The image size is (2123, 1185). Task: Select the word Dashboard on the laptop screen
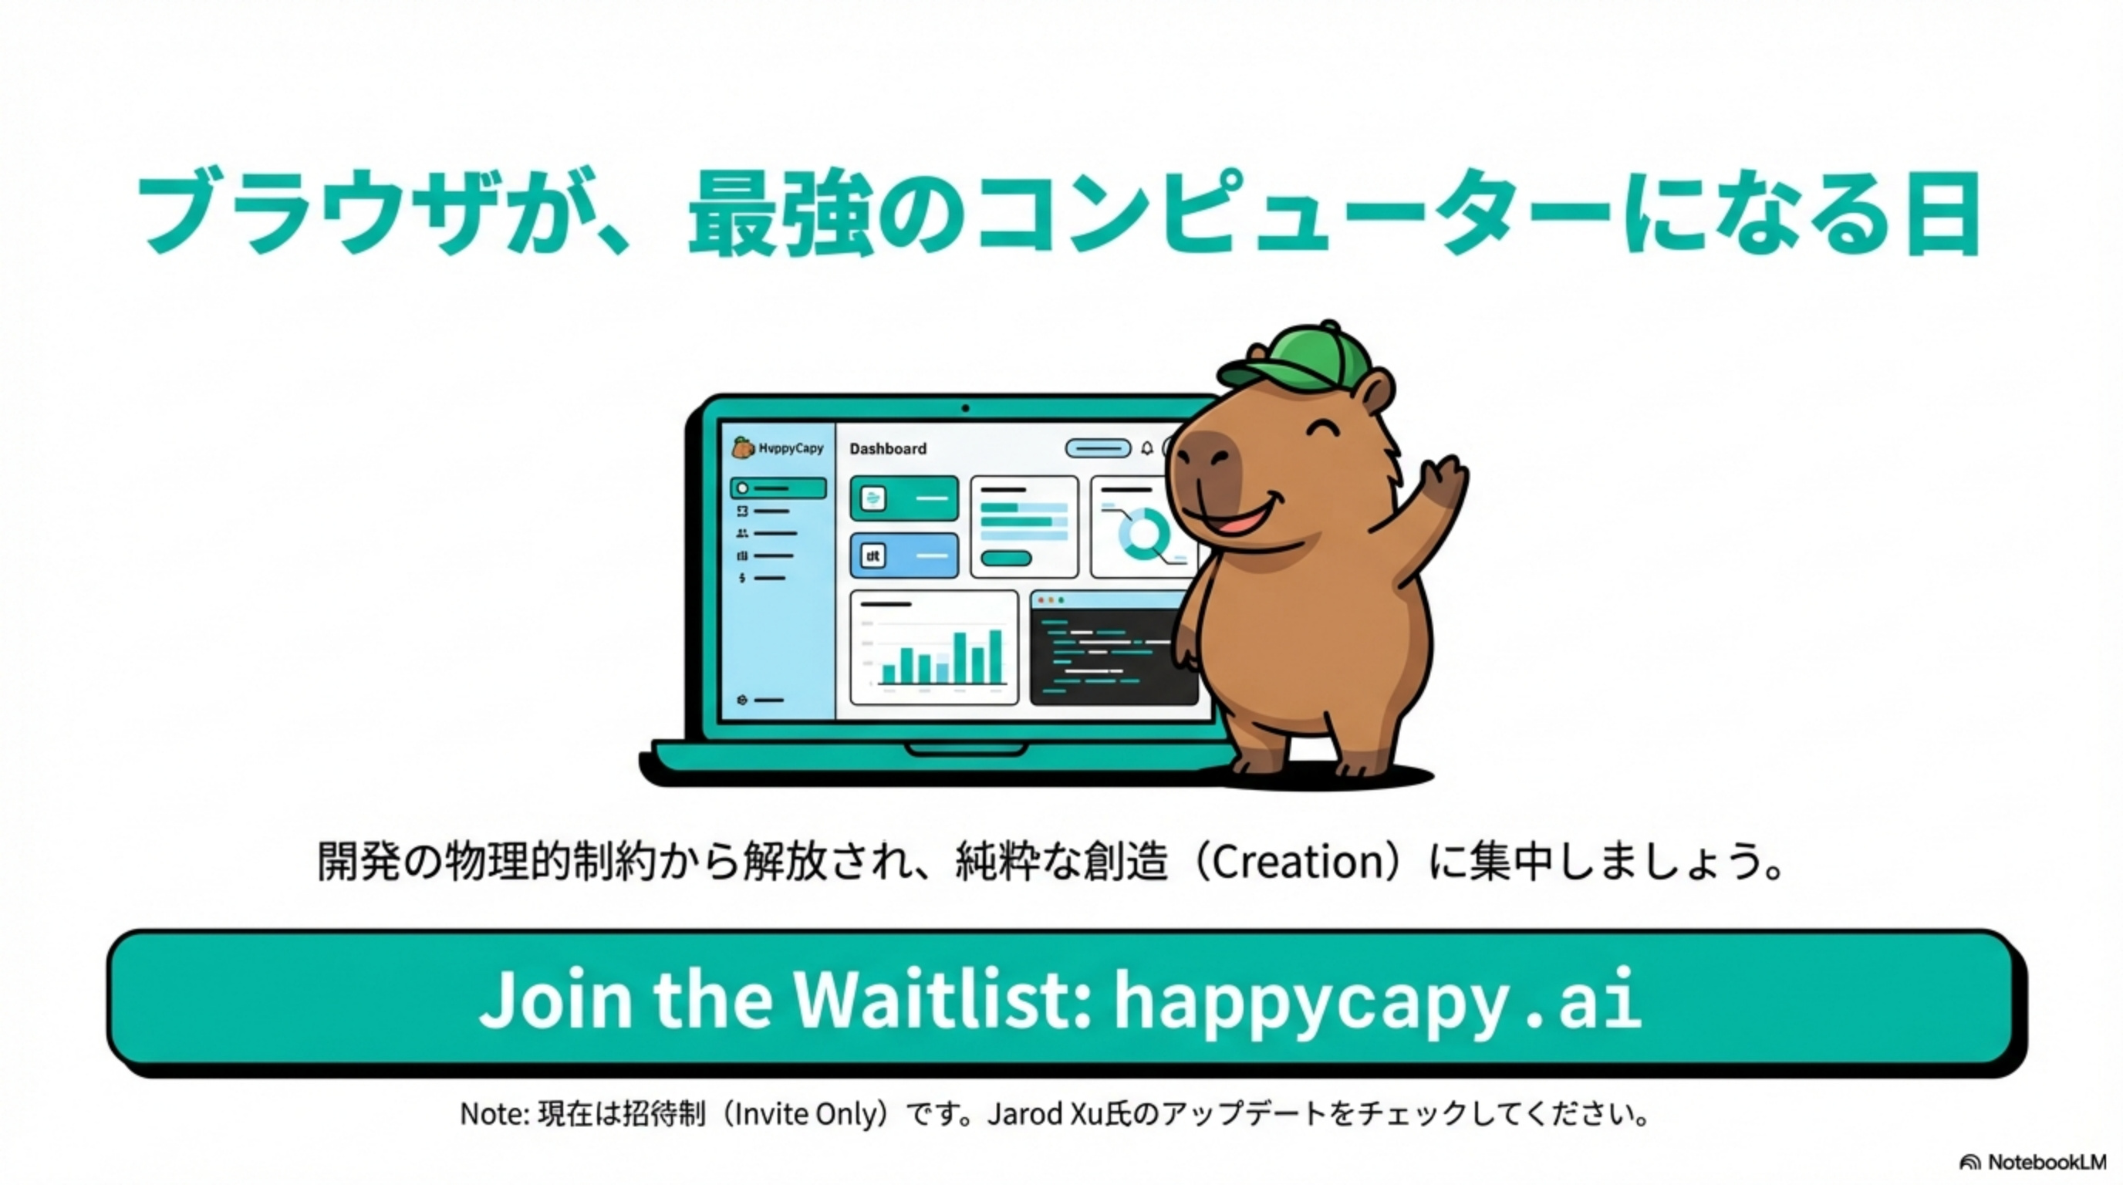(x=888, y=448)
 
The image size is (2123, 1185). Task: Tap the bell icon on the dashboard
(x=1146, y=448)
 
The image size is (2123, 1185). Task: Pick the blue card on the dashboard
(x=904, y=555)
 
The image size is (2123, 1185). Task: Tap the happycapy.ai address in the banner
(x=1377, y=1001)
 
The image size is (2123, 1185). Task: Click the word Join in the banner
(x=555, y=1000)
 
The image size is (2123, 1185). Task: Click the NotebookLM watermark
(x=2034, y=1162)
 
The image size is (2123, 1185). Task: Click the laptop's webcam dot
(x=965, y=408)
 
